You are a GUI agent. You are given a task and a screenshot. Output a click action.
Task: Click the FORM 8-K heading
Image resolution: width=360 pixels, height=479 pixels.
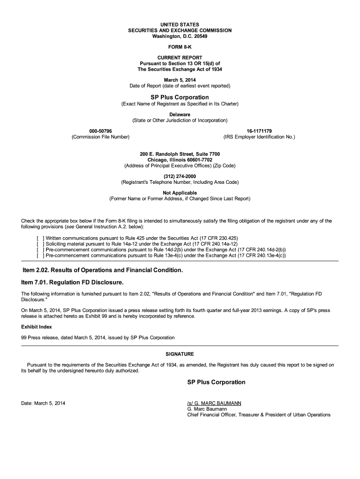pos(180,48)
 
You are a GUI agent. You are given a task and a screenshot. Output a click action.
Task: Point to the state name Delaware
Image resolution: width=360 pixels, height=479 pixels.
pos(180,114)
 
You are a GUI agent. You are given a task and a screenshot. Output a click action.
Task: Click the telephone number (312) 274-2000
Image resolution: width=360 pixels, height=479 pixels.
pos(180,176)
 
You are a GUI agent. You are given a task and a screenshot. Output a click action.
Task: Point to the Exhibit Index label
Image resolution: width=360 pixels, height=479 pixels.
pos(36,327)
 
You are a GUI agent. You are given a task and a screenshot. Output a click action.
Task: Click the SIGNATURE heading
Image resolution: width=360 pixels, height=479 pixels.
pos(180,354)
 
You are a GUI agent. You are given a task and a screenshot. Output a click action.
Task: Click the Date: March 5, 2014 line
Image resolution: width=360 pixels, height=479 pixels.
pos(43,403)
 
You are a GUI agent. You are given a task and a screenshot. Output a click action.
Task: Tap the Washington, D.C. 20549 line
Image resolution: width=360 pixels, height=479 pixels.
pos(180,36)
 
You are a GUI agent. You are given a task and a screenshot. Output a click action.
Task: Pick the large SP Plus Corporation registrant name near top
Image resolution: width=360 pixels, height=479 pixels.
pos(180,97)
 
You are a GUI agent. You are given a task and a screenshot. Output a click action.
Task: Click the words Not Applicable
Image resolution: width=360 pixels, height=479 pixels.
pos(180,193)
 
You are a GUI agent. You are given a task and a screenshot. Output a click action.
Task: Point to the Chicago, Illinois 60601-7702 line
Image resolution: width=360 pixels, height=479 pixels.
pos(180,160)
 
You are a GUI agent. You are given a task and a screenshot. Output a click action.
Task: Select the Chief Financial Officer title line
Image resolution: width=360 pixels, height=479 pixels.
pos(259,414)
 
